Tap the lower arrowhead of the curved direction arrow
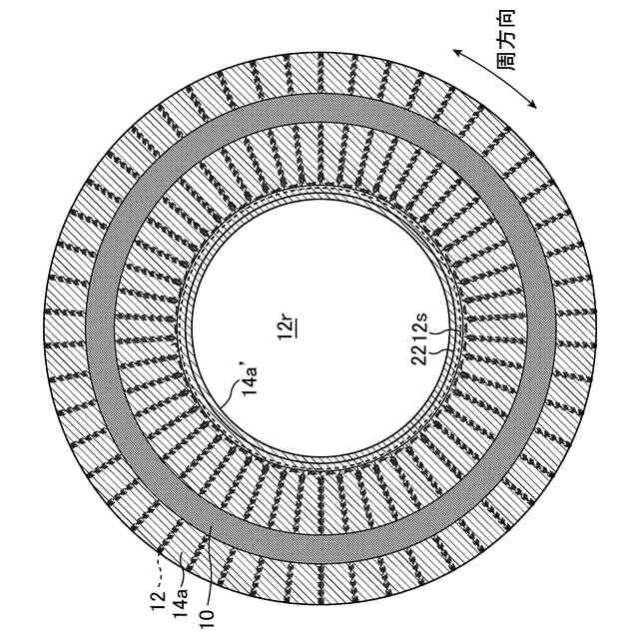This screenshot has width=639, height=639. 536,105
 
